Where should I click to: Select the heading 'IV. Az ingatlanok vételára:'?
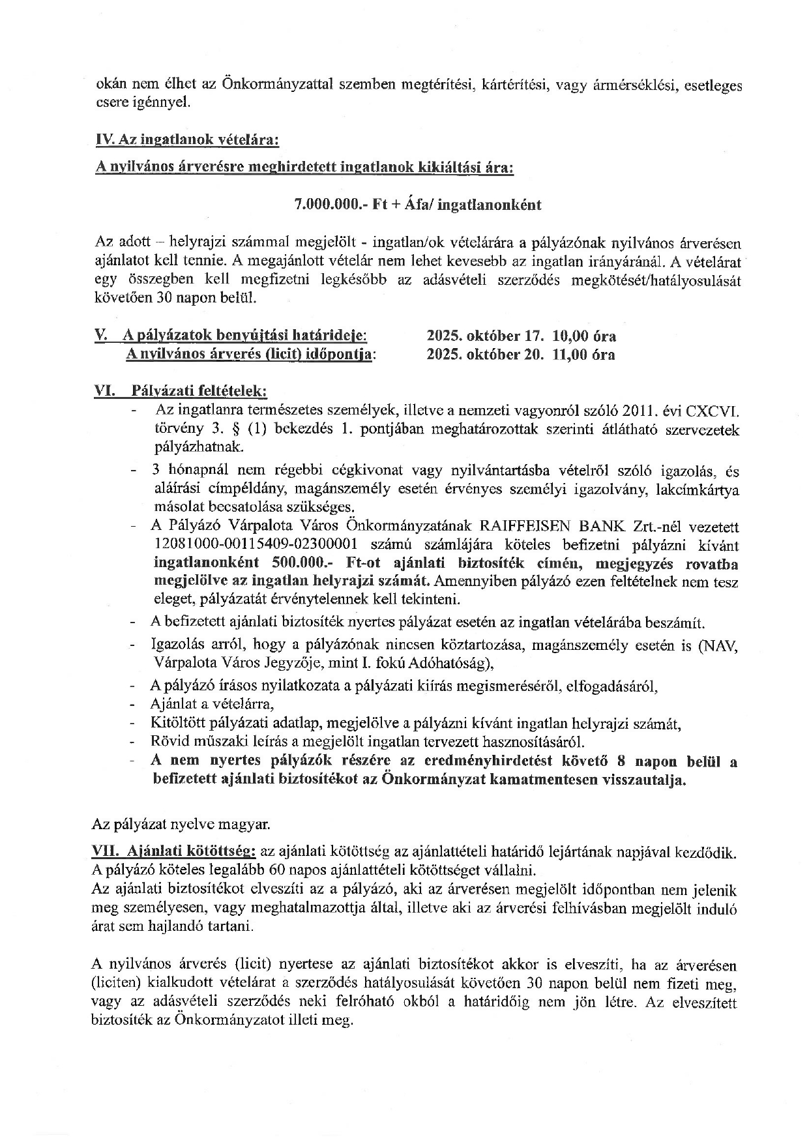[187, 139]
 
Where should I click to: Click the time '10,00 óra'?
[583, 336]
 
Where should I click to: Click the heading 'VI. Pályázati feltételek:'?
[181, 392]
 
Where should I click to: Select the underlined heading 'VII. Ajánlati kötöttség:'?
[175, 851]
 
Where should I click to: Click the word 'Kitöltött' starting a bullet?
[177, 724]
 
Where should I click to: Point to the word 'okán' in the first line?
[111, 85]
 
